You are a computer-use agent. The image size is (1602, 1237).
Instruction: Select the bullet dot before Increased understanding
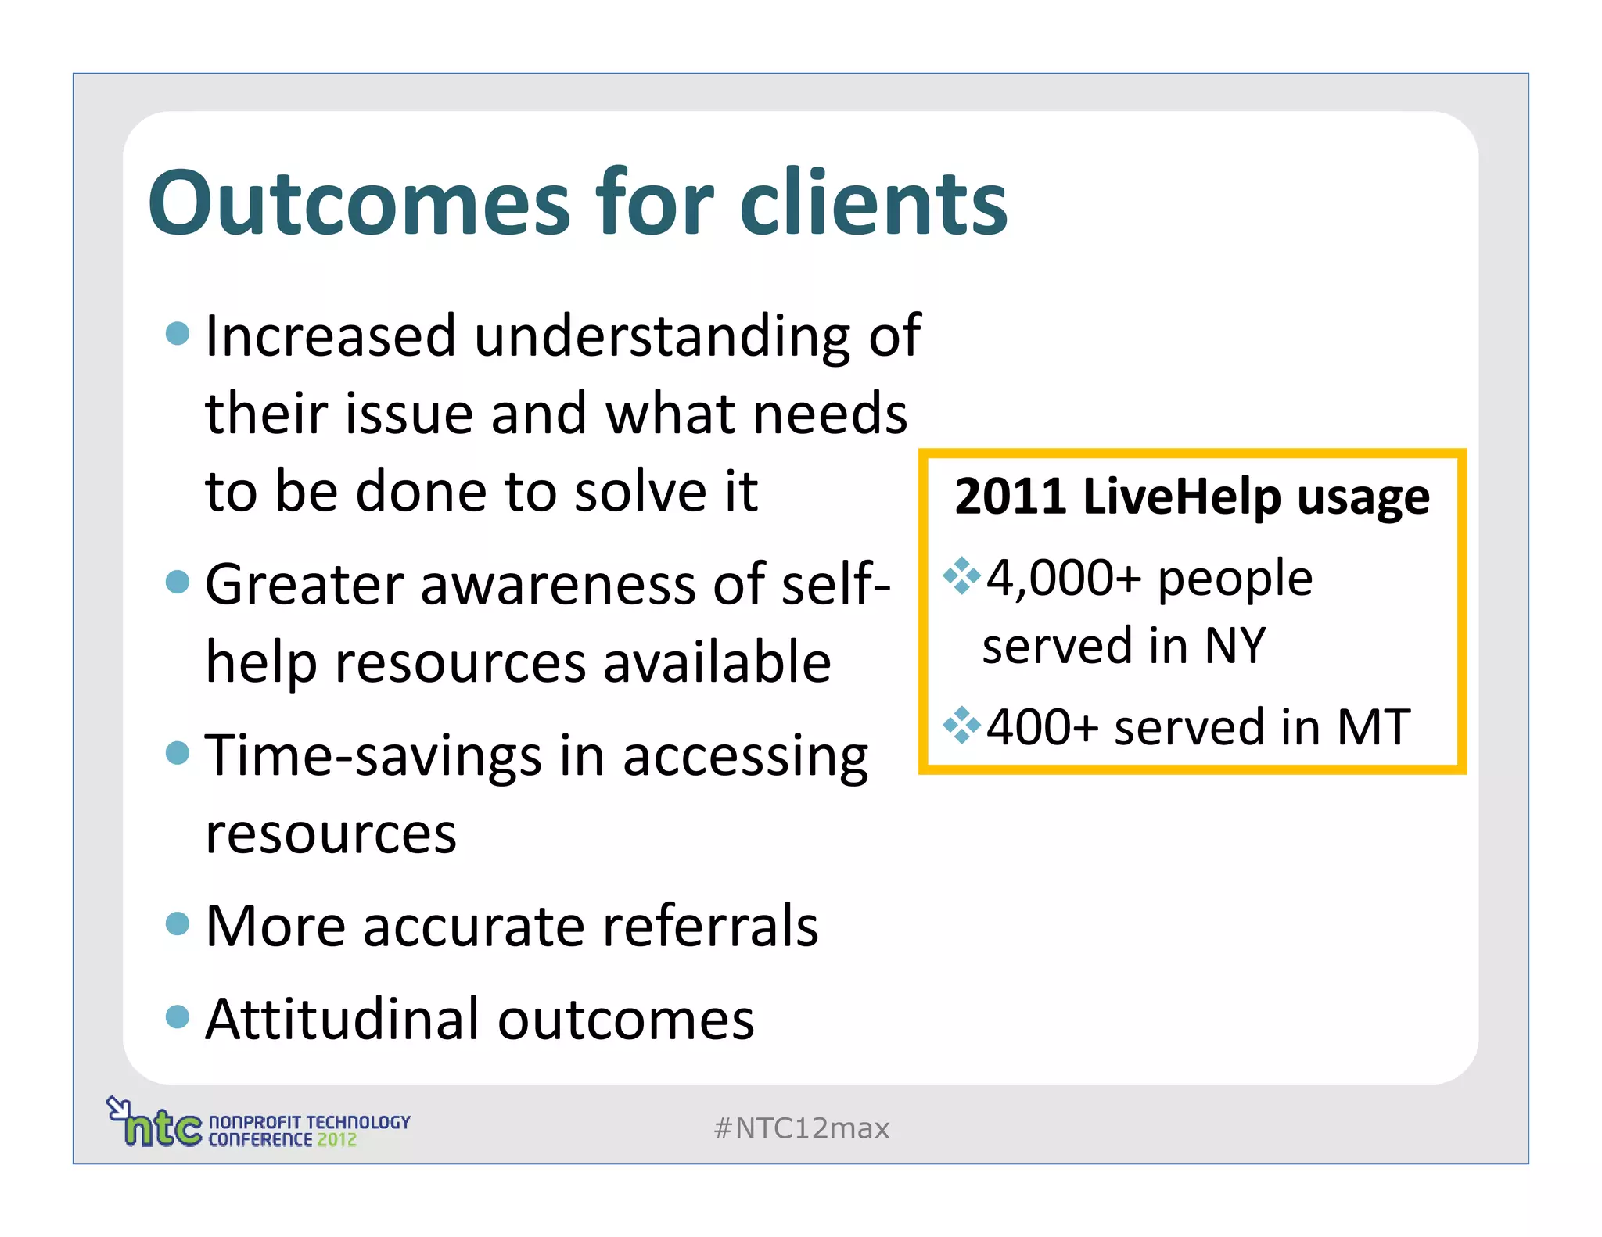[x=178, y=334]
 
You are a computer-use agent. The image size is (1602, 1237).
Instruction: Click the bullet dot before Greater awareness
[x=178, y=582]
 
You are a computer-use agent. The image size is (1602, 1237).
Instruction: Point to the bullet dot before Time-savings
[x=178, y=753]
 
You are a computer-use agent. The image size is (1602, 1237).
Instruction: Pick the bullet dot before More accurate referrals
[x=178, y=923]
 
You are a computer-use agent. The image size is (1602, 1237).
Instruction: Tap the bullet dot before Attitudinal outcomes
[x=178, y=1016]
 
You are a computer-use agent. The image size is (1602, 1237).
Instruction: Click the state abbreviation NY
[x=1235, y=647]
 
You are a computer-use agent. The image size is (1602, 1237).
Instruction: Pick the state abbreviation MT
[x=1374, y=727]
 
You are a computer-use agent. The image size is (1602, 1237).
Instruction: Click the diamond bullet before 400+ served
[x=961, y=725]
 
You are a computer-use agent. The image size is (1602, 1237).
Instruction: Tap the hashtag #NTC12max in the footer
[x=802, y=1128]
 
